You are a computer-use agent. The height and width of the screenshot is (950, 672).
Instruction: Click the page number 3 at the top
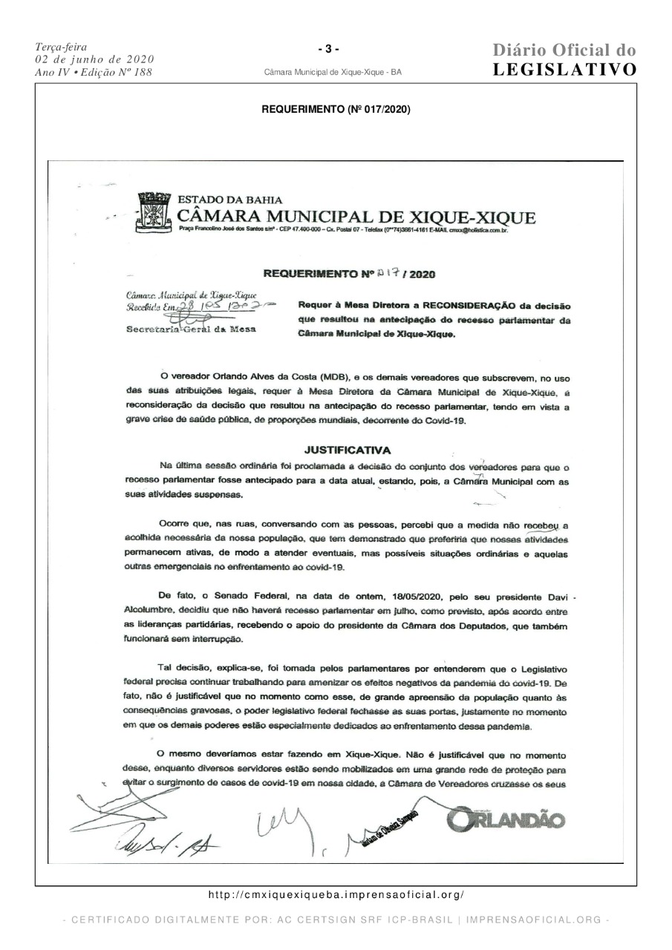coord(328,49)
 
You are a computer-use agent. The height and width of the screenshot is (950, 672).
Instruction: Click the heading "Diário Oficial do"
coord(564,50)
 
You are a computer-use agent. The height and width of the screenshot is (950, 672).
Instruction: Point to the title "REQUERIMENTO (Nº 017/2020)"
coord(336,110)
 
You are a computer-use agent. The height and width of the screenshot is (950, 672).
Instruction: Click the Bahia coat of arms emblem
coord(153,213)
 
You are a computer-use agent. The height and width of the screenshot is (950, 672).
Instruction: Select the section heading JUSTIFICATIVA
coord(348,450)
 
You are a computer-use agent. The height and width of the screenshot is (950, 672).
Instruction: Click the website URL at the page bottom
coord(336,896)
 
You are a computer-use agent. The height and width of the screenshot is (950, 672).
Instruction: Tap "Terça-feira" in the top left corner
coord(55,47)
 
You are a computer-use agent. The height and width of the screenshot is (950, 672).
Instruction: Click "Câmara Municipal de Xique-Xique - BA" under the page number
coord(333,73)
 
